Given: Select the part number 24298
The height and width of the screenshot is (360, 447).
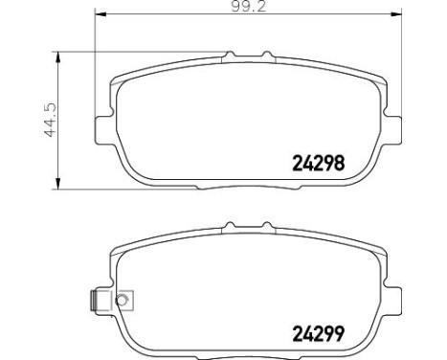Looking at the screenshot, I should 317,163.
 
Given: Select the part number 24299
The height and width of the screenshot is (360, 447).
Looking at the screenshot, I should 317,335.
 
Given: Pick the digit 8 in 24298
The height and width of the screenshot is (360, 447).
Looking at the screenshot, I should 338,163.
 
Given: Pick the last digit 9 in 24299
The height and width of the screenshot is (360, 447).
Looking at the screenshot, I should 338,335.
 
